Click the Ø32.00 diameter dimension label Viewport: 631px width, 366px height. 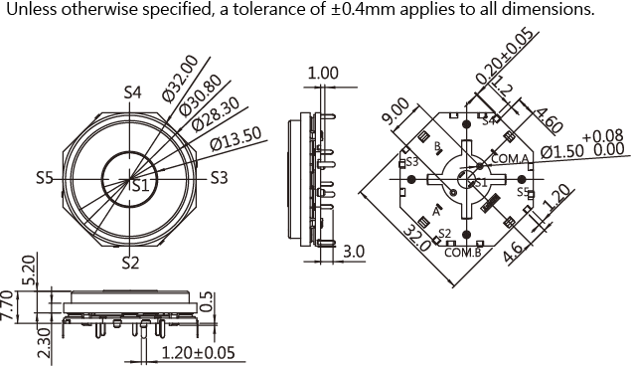coord(181,79)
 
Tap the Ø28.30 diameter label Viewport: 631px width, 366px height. coord(216,114)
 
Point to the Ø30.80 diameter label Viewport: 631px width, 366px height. coord(201,95)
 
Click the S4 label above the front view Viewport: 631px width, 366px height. coord(132,92)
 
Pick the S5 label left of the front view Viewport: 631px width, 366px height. coord(45,178)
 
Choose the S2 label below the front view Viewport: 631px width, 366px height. coord(130,263)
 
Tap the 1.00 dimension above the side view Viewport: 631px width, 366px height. coord(323,74)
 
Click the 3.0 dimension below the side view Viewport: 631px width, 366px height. coord(354,252)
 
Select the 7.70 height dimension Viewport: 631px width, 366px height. coord(8,305)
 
